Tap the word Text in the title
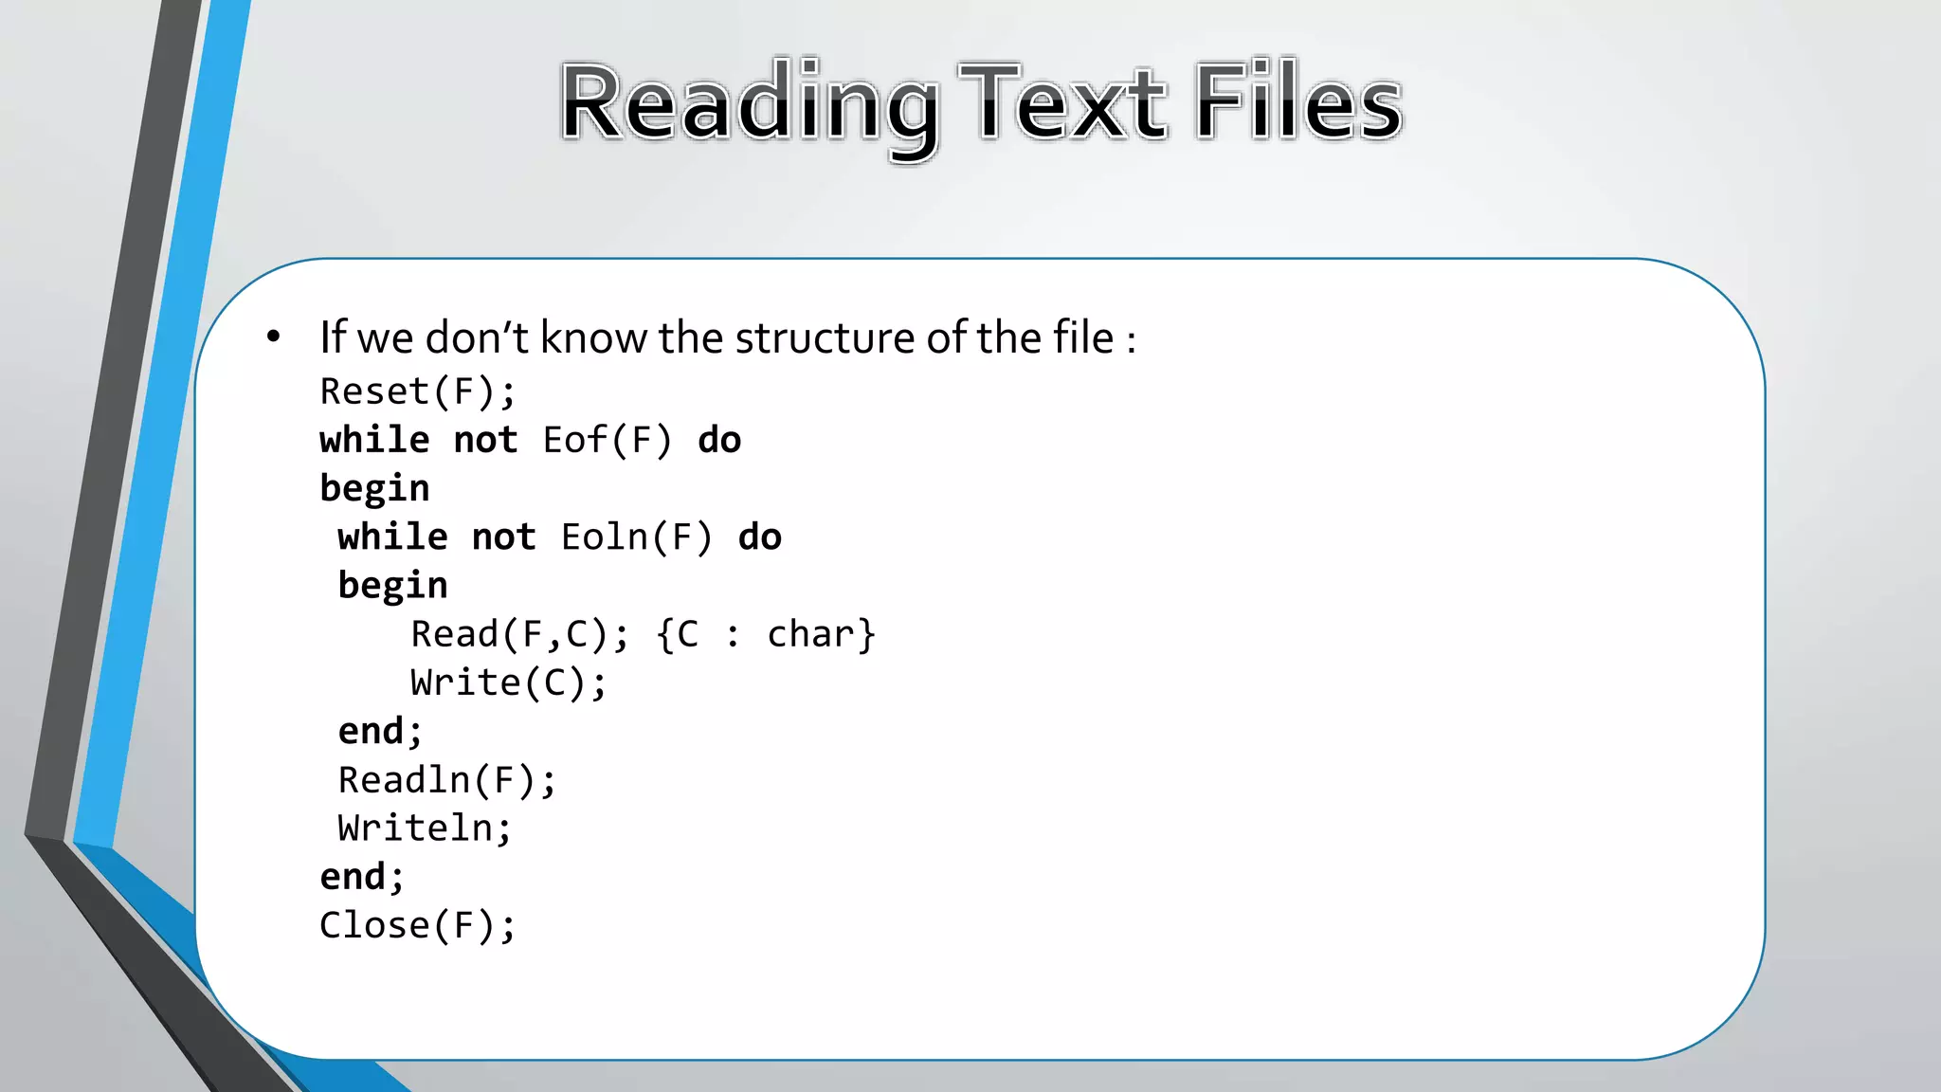point(1061,102)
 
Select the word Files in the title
point(1297,102)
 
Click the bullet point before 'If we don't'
point(274,337)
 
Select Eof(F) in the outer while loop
point(607,441)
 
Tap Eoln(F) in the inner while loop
point(636,537)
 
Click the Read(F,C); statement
point(519,634)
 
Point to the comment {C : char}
point(766,634)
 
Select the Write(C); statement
point(508,682)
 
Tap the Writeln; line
point(425,828)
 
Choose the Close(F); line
point(417,925)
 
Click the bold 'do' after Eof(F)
point(719,441)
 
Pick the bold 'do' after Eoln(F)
point(760,537)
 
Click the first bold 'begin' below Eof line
point(374,489)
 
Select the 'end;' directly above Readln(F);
point(380,731)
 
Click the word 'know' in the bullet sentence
point(595,338)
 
